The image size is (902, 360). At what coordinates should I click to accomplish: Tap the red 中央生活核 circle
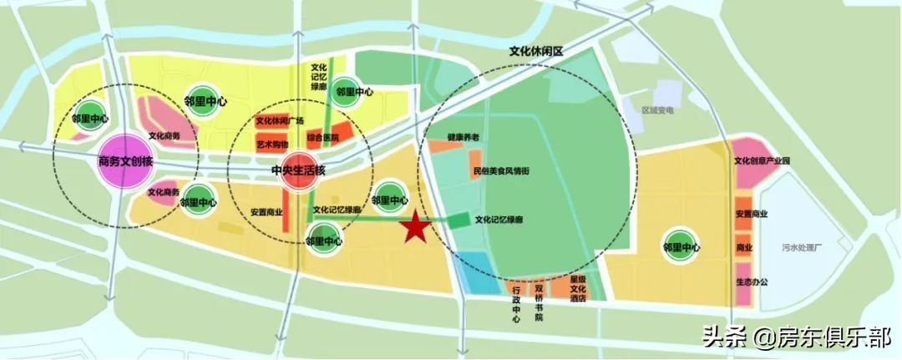click(298, 170)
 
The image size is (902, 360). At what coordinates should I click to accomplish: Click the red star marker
click(415, 227)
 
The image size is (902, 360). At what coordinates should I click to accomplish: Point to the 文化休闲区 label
click(537, 52)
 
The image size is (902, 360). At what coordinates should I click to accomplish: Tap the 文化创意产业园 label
click(762, 161)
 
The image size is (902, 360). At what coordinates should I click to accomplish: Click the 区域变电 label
click(657, 109)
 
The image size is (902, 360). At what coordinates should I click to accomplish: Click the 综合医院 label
click(323, 136)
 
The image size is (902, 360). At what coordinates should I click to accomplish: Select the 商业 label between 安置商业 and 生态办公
click(744, 248)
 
